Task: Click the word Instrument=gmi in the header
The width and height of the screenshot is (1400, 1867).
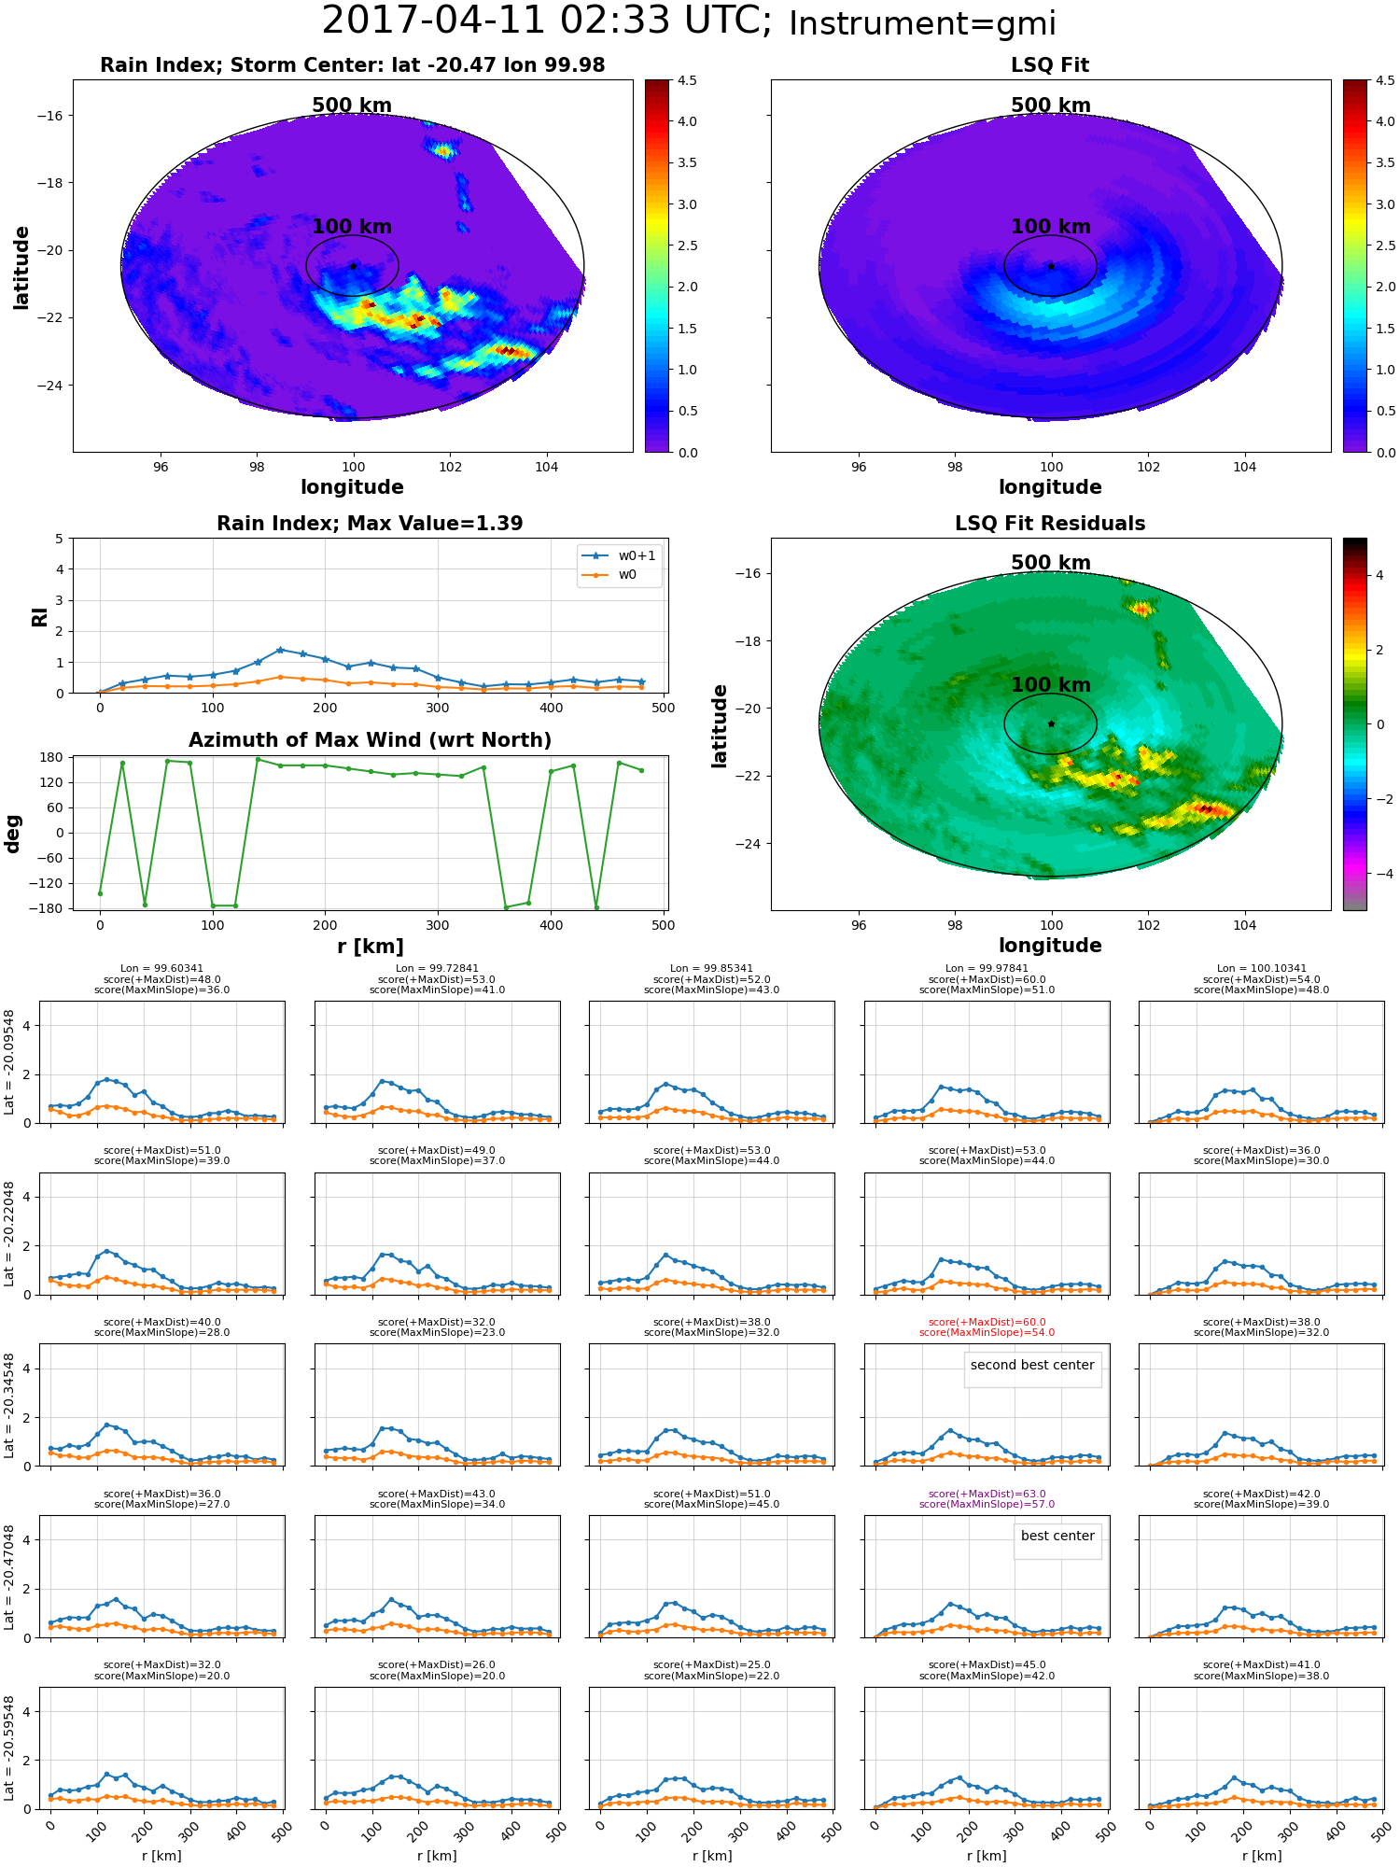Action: (x=922, y=24)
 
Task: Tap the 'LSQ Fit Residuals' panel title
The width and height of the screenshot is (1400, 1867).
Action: (x=1050, y=524)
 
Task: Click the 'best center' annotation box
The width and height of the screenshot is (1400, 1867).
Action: (x=1057, y=1536)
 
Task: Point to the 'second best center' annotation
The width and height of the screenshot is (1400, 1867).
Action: (x=1032, y=1365)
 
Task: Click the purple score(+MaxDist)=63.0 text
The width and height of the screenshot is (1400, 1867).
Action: (x=987, y=1494)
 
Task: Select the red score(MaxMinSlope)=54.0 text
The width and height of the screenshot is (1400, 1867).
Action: (x=987, y=1332)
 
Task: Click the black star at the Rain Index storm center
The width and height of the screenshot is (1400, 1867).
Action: (x=353, y=266)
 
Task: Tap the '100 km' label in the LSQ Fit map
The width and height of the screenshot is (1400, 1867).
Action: (x=1051, y=227)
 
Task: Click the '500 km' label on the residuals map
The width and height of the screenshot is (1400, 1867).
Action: (x=1051, y=563)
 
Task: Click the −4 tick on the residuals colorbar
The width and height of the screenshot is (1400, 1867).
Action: (x=1379, y=874)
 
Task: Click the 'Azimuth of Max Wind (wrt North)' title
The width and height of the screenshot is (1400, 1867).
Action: (x=371, y=740)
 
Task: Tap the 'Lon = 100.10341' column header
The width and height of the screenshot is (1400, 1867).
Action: (x=1262, y=969)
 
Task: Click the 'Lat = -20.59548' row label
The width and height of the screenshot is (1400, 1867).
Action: (x=9, y=1748)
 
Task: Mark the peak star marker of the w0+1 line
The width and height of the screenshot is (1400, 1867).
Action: (x=280, y=650)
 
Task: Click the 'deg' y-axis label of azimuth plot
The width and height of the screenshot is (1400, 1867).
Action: (x=12, y=834)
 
